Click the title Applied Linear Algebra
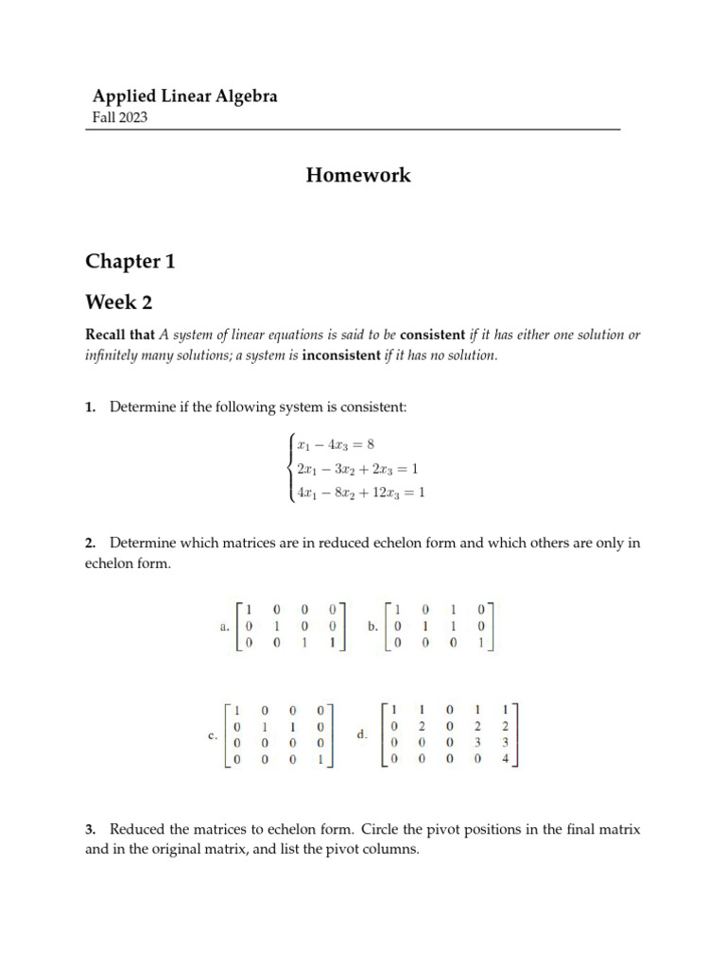click(x=184, y=96)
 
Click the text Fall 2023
click(x=119, y=118)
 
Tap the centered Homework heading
click(x=358, y=175)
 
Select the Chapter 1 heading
click(x=130, y=262)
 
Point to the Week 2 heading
click(x=118, y=302)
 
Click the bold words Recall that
click(x=120, y=335)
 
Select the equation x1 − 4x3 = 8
click(x=336, y=444)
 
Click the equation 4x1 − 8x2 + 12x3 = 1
click(x=360, y=493)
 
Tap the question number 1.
click(x=91, y=407)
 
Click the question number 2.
click(x=91, y=544)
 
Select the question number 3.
click(x=91, y=829)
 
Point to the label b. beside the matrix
click(x=372, y=626)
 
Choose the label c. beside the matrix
click(x=213, y=735)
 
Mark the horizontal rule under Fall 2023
click(x=353, y=130)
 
